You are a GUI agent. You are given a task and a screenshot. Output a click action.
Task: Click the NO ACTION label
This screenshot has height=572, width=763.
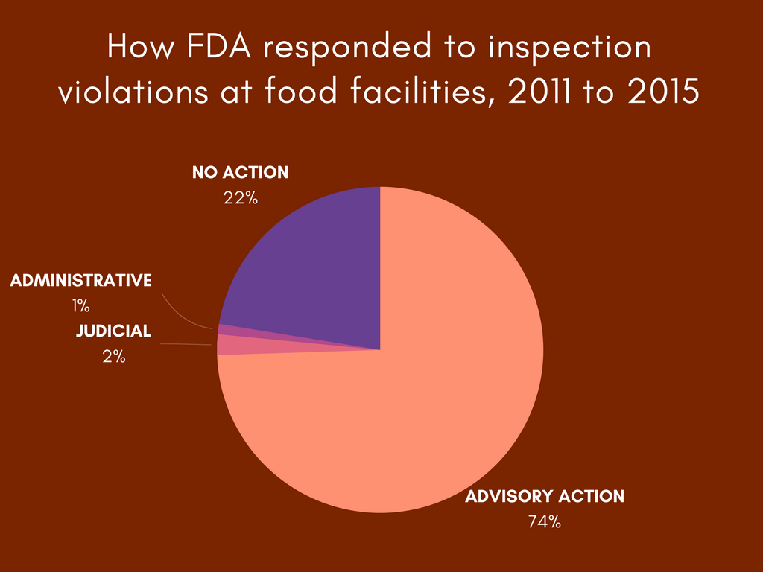pyautogui.click(x=241, y=172)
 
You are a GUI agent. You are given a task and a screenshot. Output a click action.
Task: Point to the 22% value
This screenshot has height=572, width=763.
pyautogui.click(x=241, y=198)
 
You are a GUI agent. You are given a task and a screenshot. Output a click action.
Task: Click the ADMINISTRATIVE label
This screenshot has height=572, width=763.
pyautogui.click(x=80, y=280)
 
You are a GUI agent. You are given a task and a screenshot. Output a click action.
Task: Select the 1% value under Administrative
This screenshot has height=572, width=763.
pyautogui.click(x=80, y=306)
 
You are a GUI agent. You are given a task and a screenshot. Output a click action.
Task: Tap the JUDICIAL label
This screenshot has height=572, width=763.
pyautogui.click(x=114, y=331)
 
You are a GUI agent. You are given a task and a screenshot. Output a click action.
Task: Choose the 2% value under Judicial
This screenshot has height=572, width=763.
pyautogui.click(x=114, y=357)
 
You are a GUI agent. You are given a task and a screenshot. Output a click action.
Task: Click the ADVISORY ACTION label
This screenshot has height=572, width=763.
pyautogui.click(x=545, y=496)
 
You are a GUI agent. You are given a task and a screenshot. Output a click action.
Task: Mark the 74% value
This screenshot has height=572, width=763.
pyautogui.click(x=545, y=522)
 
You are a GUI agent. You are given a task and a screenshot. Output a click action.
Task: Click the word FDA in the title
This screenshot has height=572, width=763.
pyautogui.click(x=219, y=47)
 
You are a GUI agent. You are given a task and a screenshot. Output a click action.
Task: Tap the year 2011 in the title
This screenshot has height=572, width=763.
pyautogui.click(x=540, y=91)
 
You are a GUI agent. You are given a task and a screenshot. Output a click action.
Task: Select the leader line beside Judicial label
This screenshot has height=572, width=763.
pyautogui.click(x=186, y=344)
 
